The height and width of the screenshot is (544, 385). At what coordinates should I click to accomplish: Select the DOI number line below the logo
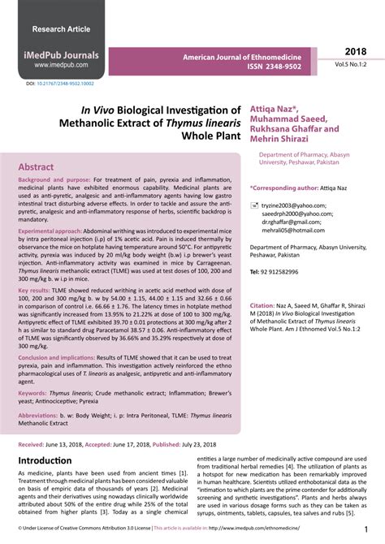(x=59, y=84)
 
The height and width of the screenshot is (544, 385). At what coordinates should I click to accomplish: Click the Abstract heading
(x=48, y=165)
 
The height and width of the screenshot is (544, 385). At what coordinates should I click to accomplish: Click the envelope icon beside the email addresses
(x=254, y=209)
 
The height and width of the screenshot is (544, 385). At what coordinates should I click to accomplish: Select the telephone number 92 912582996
(x=290, y=273)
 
